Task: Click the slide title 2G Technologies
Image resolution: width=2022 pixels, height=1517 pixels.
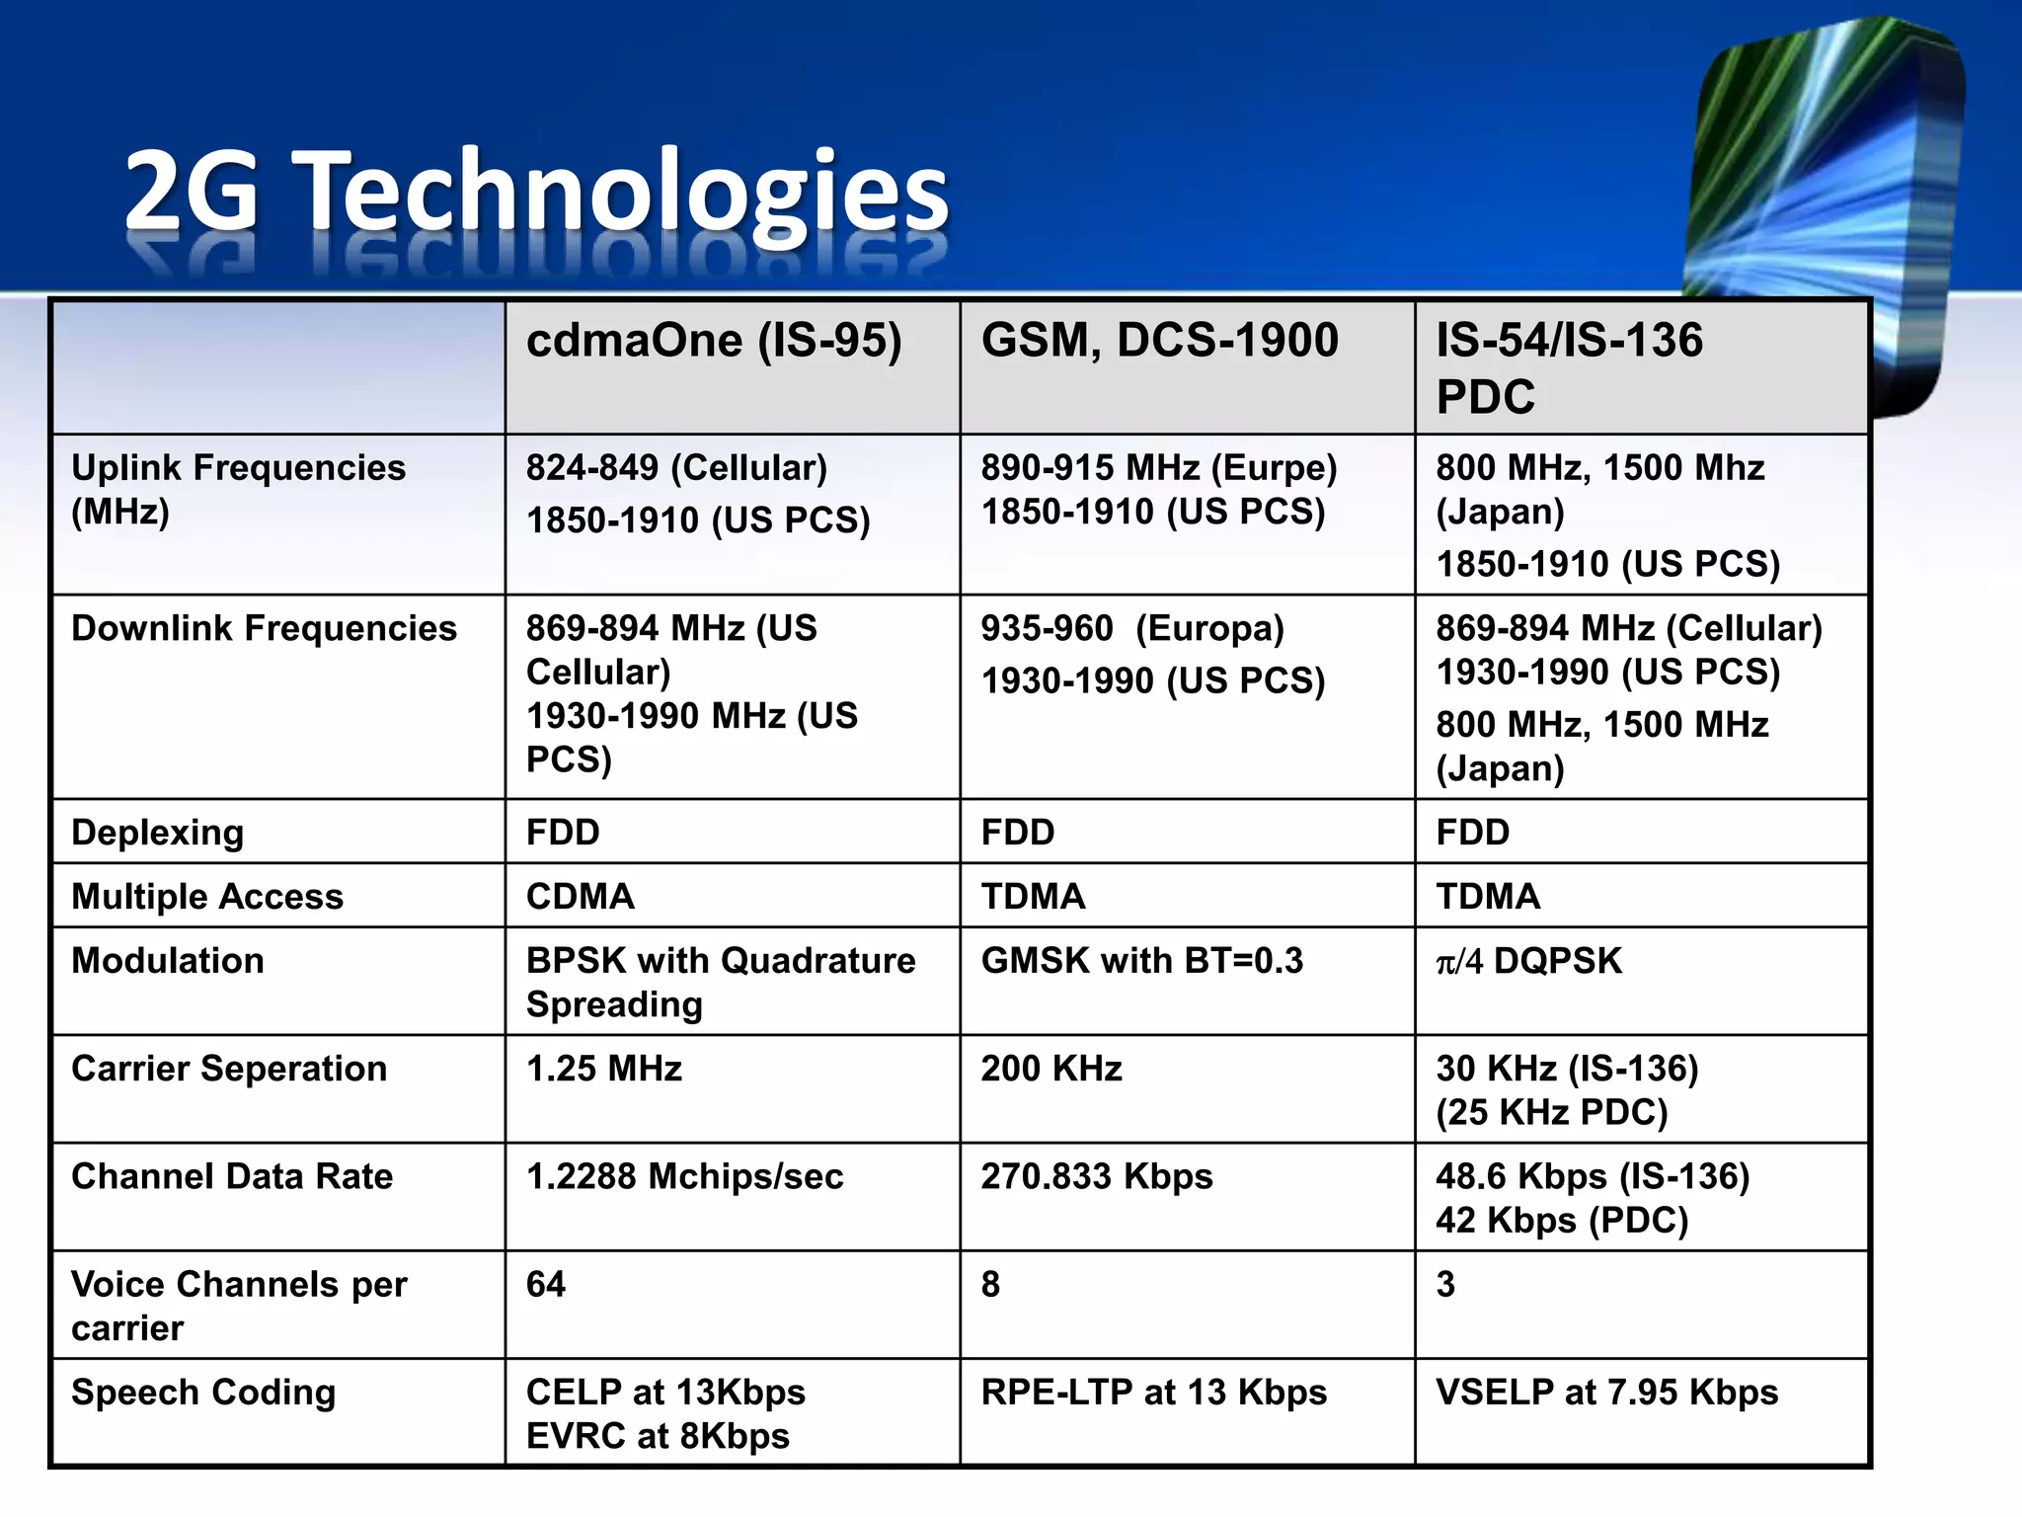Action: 536,190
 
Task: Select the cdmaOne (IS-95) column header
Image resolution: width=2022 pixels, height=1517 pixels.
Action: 714,341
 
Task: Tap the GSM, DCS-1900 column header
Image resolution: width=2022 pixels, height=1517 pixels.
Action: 1159,341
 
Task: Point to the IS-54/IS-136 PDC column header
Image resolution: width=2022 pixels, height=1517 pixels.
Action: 1569,367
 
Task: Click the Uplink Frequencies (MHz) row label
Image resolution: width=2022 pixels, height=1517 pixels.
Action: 238,489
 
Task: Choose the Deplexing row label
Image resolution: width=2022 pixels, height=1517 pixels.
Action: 157,833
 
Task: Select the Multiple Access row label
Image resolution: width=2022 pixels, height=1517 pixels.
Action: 207,897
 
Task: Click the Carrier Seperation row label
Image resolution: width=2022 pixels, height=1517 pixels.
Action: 229,1069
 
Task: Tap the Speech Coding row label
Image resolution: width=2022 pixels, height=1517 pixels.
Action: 203,1393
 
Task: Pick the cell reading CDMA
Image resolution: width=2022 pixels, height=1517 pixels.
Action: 581,897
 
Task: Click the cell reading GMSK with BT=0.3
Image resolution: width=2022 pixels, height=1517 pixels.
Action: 1141,961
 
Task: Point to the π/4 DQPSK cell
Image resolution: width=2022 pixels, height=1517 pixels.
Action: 1528,961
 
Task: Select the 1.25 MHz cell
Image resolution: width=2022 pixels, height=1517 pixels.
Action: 604,1069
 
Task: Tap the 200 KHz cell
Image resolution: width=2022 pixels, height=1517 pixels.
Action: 1051,1069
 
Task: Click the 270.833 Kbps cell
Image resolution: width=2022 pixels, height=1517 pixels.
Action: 1096,1176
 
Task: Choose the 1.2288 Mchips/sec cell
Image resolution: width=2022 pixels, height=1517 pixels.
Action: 684,1176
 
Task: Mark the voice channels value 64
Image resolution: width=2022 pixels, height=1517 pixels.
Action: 546,1284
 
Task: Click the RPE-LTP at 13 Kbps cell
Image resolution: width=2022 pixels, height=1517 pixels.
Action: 1153,1393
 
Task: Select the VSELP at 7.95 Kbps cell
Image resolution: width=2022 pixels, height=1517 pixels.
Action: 1606,1393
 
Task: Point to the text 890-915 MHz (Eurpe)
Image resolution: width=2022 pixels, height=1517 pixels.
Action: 1158,468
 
